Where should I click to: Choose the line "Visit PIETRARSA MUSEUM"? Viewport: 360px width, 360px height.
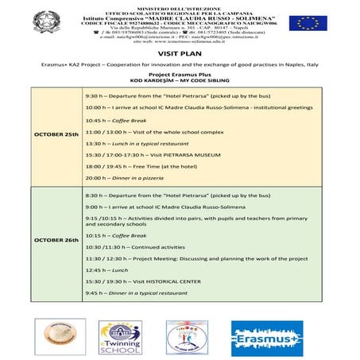(x=141, y=155)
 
